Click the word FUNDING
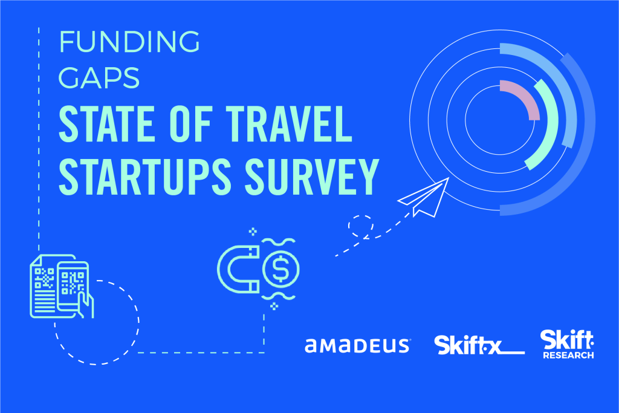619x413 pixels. pyautogui.click(x=129, y=42)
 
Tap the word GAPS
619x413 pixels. pyautogui.click(x=99, y=78)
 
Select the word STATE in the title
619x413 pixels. pyautogui.click(x=107, y=123)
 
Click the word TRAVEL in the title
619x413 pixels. pyautogui.click(x=288, y=123)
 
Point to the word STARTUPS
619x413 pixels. pyautogui.click(x=145, y=177)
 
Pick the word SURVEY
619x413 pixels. pyautogui.click(x=312, y=177)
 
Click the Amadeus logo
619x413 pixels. pyautogui.click(x=358, y=345)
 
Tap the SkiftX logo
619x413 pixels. pyautogui.click(x=479, y=345)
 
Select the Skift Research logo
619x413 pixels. pyautogui.click(x=567, y=344)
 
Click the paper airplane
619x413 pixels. pyautogui.click(x=424, y=197)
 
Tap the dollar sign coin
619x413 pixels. pyautogui.click(x=280, y=269)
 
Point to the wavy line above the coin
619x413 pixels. pyautogui.click(x=278, y=242)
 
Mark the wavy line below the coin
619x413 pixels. pyautogui.click(x=278, y=296)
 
